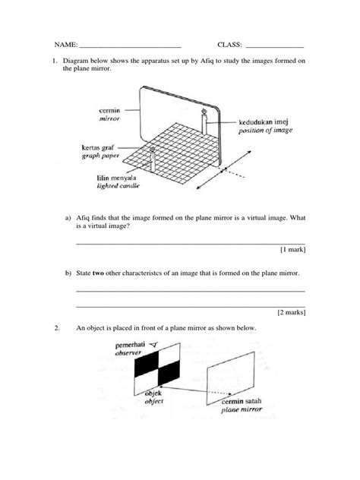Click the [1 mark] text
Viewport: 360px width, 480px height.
point(292,248)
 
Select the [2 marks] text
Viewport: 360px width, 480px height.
point(290,311)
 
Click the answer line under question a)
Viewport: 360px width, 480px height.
point(191,242)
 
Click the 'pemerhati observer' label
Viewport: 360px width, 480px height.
point(129,349)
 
